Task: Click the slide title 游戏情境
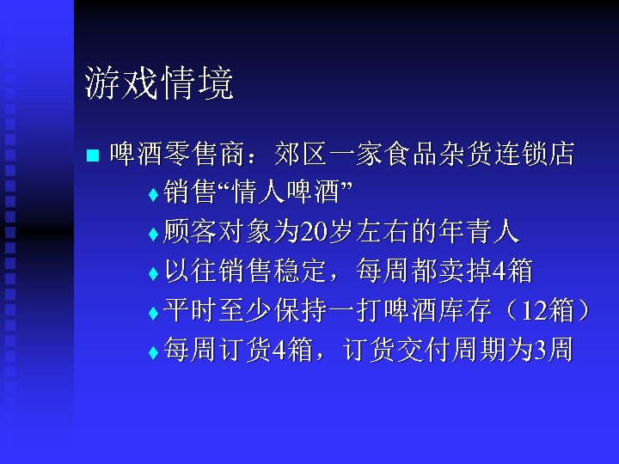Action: (159, 85)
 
